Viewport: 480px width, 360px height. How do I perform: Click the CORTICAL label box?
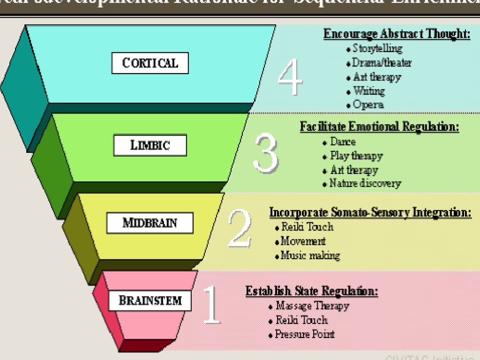[x=150, y=63]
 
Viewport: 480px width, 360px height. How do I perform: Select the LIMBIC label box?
[x=150, y=145]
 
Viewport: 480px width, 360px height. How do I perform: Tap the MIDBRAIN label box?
[x=150, y=223]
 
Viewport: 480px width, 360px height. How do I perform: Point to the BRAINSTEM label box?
[x=150, y=300]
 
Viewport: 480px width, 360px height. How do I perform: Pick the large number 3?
[x=265, y=154]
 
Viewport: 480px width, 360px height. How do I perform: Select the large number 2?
[x=240, y=229]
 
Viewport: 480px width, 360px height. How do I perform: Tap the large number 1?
[x=212, y=305]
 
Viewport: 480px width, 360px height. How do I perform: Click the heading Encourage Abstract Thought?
[x=397, y=34]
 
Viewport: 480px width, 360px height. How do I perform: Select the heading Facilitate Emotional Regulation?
[x=379, y=127]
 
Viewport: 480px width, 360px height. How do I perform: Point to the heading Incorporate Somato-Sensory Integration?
[x=370, y=212]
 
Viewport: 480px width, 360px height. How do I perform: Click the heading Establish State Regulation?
[x=312, y=291]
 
